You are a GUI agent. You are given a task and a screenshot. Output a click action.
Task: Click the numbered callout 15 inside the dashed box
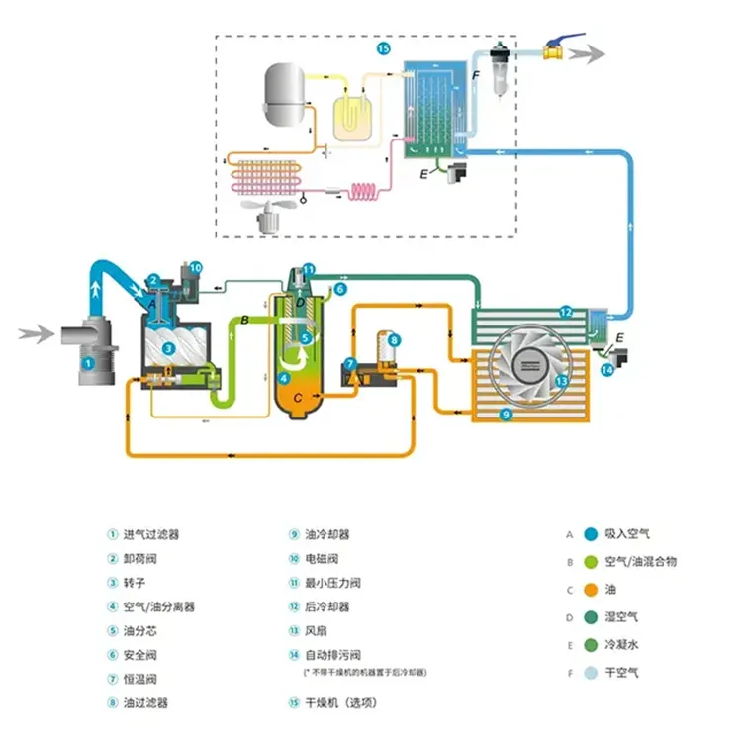tap(384, 47)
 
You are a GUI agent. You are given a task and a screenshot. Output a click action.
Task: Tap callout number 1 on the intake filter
tap(89, 363)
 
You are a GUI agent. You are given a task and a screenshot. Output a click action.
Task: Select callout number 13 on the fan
tap(560, 380)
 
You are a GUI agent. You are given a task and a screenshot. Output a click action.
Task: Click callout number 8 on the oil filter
tap(394, 341)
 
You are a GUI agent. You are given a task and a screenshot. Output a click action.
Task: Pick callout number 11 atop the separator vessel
tap(309, 269)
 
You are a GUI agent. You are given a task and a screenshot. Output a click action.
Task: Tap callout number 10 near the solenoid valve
tap(196, 266)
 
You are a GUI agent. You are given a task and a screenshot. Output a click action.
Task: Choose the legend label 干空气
tap(622, 673)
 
